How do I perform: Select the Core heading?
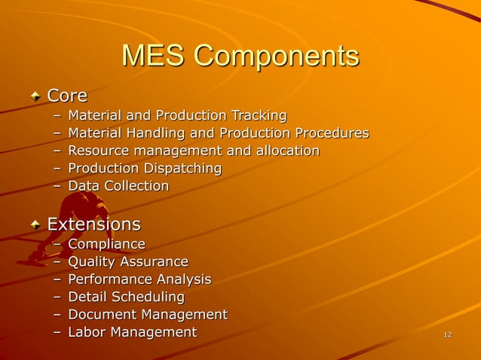point(67,96)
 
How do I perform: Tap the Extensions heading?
point(93,224)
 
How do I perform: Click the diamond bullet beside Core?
point(36,96)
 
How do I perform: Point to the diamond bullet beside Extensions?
point(36,225)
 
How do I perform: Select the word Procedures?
point(332,133)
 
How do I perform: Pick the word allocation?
point(284,151)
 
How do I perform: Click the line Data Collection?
point(118,185)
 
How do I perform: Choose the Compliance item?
point(106,244)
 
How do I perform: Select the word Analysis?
point(181,279)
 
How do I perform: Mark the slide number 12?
point(448,334)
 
